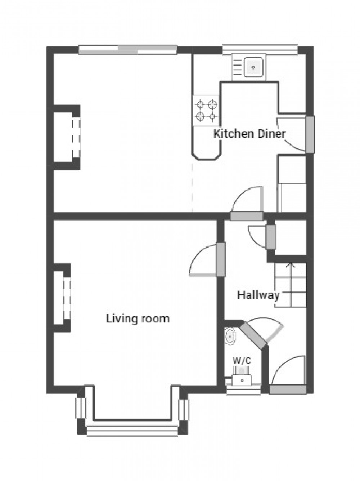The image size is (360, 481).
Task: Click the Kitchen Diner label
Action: [x=249, y=134]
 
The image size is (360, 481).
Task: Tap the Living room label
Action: [x=138, y=319]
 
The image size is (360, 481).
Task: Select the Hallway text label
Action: [x=258, y=295]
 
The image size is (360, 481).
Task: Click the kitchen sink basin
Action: [x=253, y=67]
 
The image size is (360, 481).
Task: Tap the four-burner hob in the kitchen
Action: [x=206, y=111]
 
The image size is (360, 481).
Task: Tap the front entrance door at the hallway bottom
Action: [x=288, y=389]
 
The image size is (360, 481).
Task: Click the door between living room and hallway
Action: [x=220, y=259]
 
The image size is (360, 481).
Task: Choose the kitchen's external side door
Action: [x=310, y=134]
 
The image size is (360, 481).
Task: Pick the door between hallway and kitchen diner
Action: [x=247, y=216]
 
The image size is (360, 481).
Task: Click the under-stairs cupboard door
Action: [x=270, y=237]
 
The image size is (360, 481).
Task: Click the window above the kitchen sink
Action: [x=260, y=50]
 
